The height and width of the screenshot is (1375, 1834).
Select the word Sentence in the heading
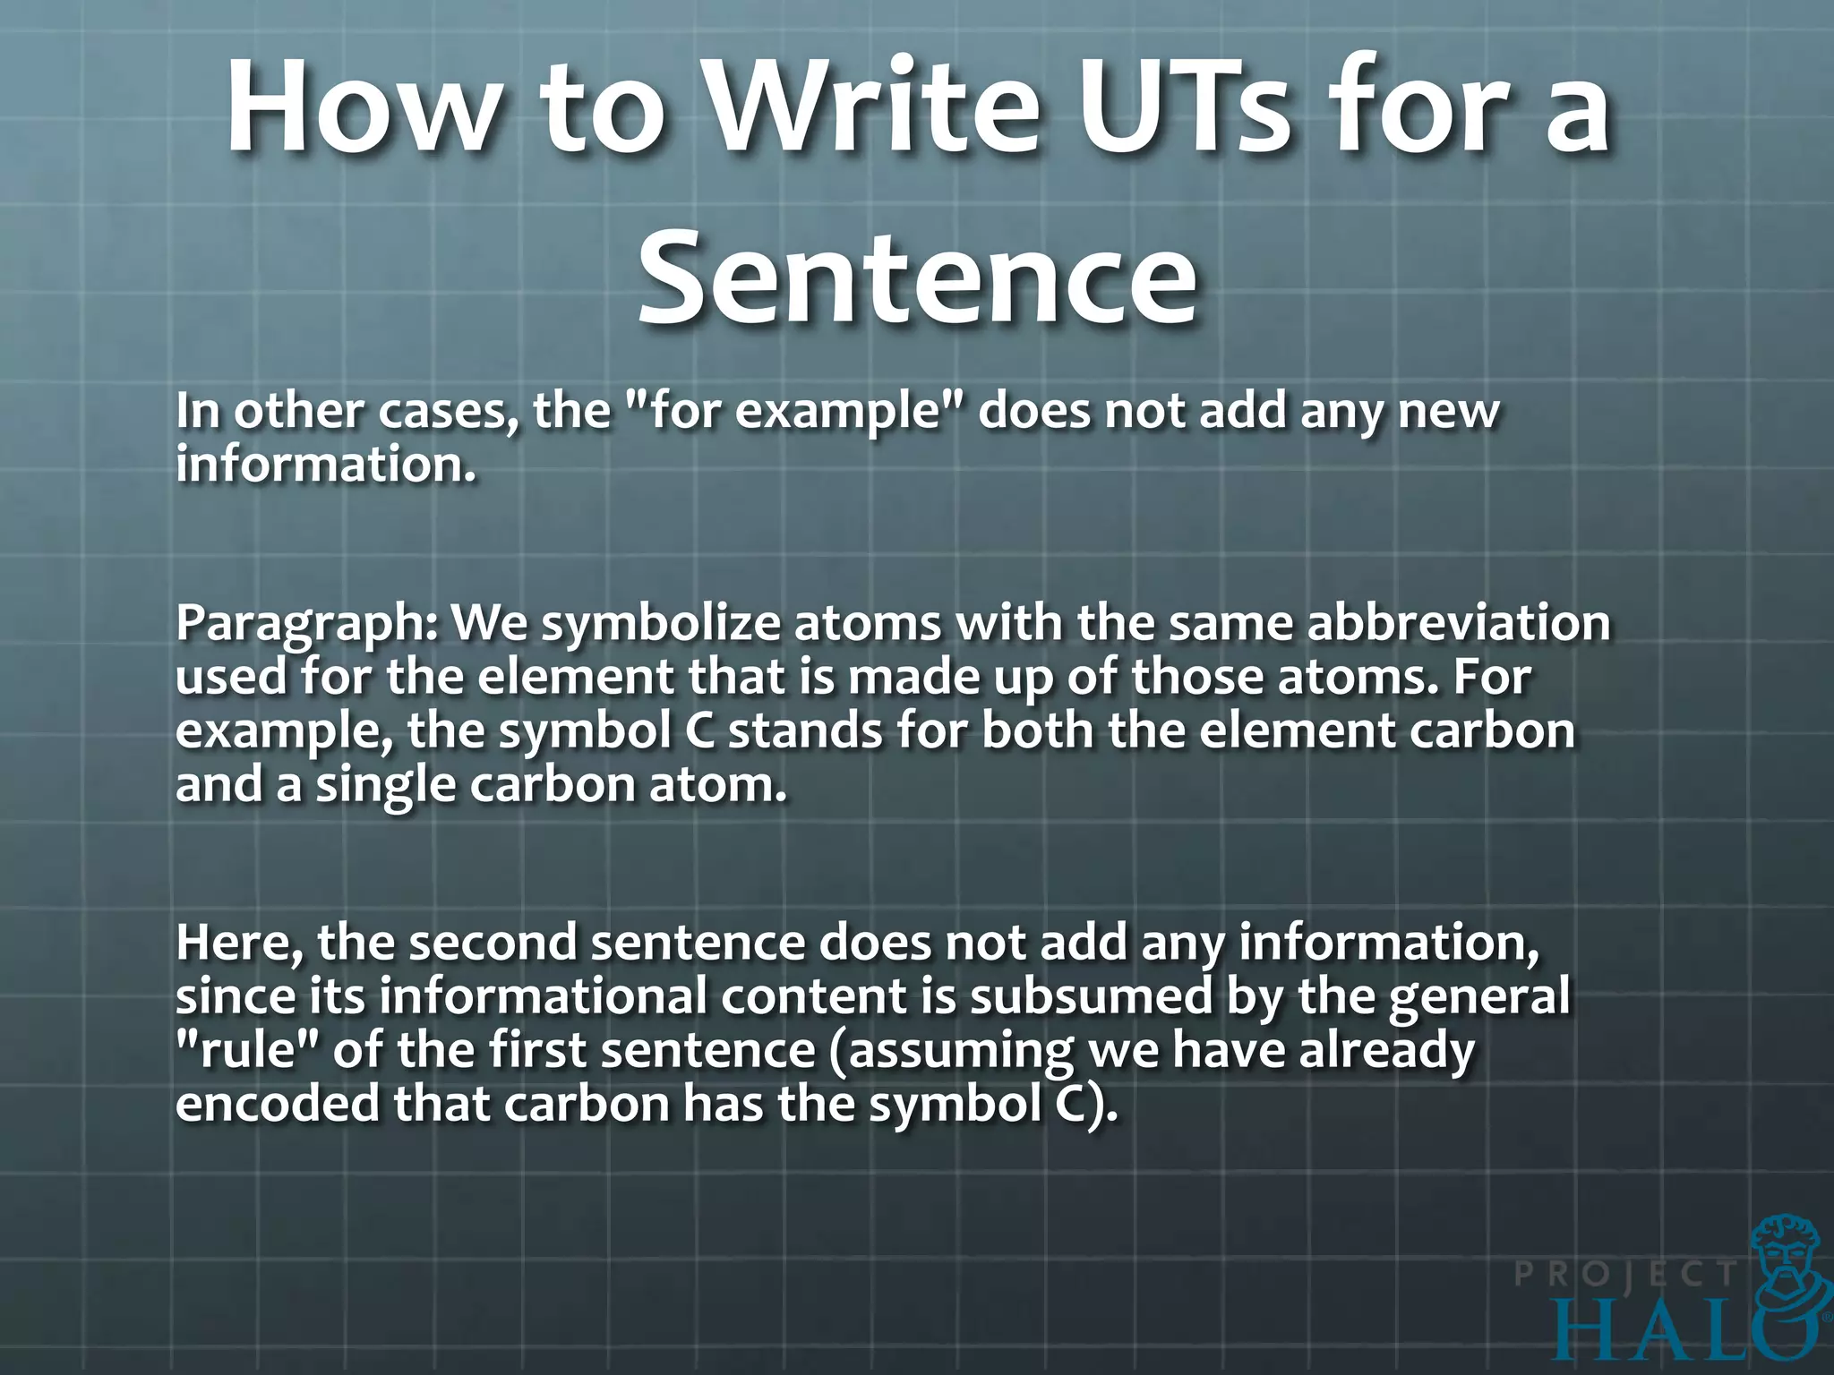point(917,276)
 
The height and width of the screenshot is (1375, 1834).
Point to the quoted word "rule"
point(247,1050)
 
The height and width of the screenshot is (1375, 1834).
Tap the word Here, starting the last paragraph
point(239,944)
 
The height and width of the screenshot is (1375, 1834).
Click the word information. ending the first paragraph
point(325,465)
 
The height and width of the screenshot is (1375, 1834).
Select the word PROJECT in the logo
point(1625,1273)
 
